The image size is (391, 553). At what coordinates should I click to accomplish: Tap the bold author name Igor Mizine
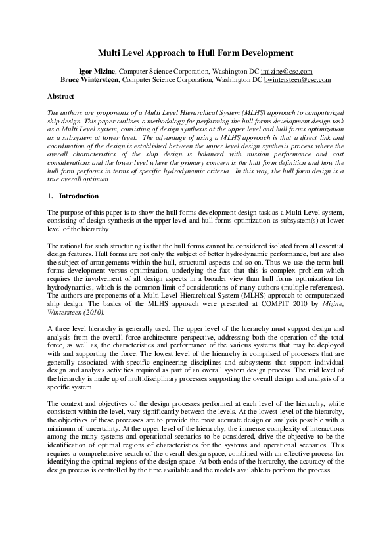tap(97, 71)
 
